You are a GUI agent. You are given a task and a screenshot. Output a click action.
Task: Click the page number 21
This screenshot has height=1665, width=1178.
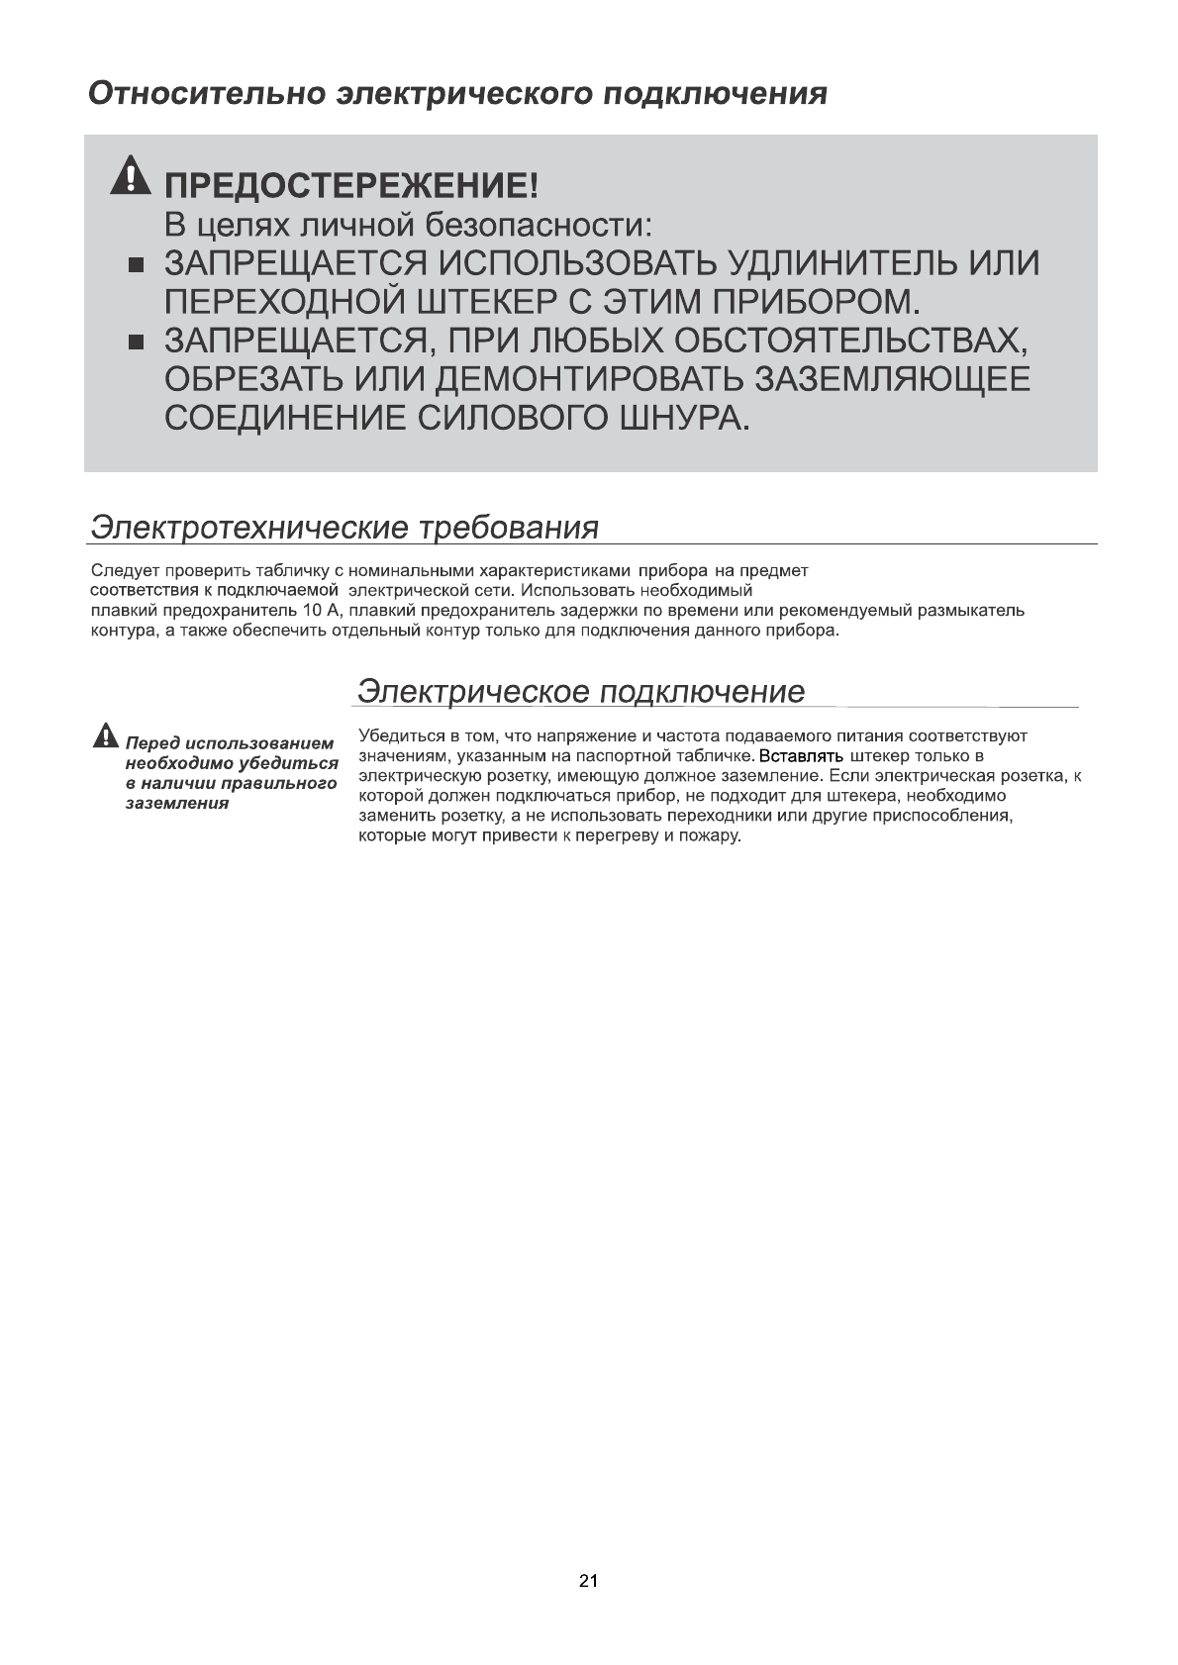[x=588, y=1581]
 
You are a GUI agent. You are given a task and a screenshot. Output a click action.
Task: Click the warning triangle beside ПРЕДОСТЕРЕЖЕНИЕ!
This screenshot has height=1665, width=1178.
[x=129, y=178]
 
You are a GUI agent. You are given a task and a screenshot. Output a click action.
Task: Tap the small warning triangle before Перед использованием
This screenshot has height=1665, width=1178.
[x=104, y=736]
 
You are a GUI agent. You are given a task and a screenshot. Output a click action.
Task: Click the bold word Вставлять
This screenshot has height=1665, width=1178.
[x=800, y=757]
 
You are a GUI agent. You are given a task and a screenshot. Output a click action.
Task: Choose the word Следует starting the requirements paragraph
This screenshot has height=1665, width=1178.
[x=125, y=571]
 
